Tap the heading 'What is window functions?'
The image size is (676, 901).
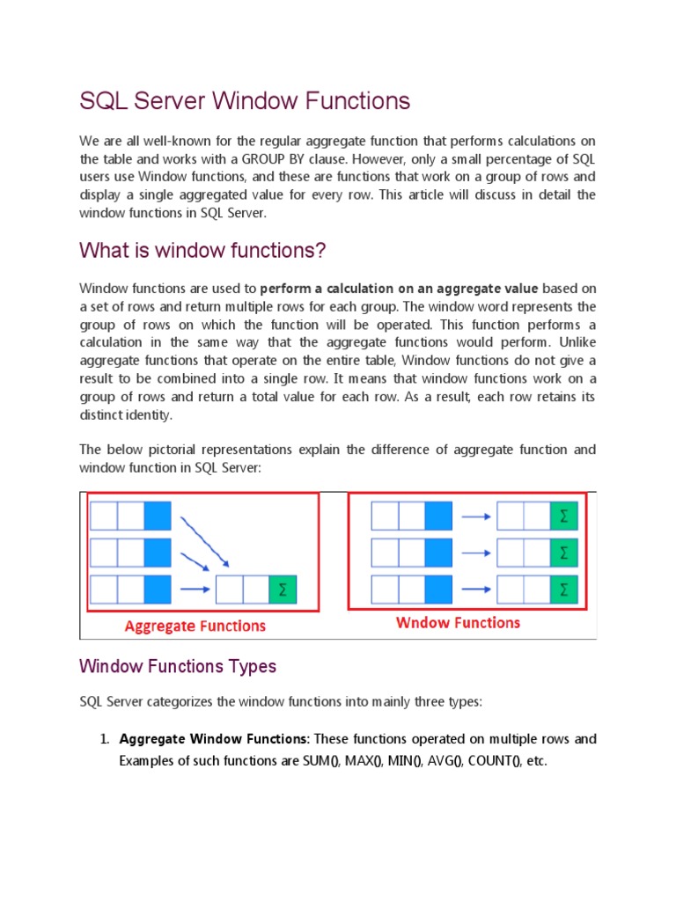pos(202,251)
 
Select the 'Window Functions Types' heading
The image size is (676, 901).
pos(178,666)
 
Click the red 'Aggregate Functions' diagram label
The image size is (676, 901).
pos(195,626)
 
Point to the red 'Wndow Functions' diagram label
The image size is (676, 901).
pos(458,623)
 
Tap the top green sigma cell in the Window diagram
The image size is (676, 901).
pos(564,516)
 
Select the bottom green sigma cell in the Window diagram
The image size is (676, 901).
pos(564,590)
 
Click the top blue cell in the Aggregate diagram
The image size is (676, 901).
pos(157,516)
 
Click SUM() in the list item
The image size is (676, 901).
pos(320,761)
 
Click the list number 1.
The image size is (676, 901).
pos(102,739)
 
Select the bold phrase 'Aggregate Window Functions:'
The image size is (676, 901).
pos(215,739)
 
